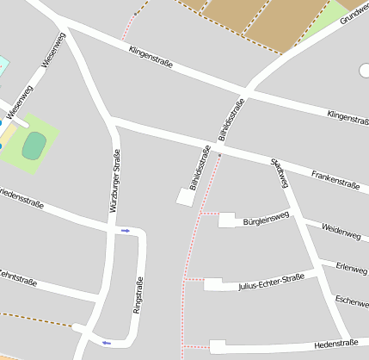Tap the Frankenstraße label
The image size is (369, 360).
pos(335,178)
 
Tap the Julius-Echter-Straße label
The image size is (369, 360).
pos(271,282)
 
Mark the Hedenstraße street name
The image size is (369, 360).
pos(336,344)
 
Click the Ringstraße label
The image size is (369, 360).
pos(137,294)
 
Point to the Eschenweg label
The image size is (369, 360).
pos(352,301)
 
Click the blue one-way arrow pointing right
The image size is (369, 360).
pos(126,230)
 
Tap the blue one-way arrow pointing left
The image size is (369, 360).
pos(107,343)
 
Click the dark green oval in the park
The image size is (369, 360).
pos(34,145)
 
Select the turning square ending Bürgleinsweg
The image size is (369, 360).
pos(226,220)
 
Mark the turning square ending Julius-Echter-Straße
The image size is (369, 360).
pos(214,284)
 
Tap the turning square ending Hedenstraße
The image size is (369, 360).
pos(217,347)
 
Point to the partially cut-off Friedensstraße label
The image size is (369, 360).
pos(21,196)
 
